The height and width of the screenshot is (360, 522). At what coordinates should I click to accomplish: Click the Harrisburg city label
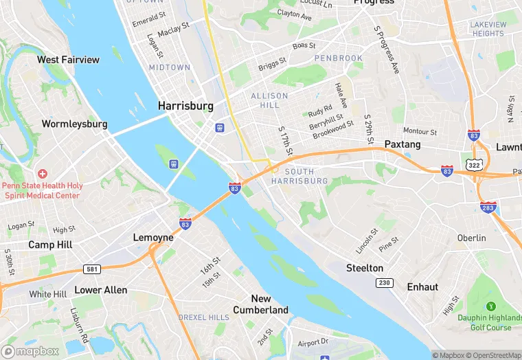click(x=185, y=106)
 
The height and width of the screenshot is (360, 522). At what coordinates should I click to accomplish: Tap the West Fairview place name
click(x=68, y=60)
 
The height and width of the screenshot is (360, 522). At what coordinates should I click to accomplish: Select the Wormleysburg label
click(x=74, y=124)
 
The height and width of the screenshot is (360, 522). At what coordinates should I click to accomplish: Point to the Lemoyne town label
click(x=152, y=237)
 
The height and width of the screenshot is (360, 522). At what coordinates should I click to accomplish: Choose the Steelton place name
click(x=364, y=267)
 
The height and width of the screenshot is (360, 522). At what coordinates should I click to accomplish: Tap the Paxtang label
click(x=402, y=144)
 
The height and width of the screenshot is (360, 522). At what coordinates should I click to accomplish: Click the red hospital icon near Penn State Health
click(x=43, y=174)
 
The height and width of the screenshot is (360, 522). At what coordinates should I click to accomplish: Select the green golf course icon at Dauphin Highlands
click(x=490, y=306)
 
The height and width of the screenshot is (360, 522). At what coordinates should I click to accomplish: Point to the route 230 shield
click(x=384, y=283)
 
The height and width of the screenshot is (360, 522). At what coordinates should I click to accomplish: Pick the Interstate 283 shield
click(x=488, y=207)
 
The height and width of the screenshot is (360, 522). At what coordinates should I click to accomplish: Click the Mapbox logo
click(x=30, y=351)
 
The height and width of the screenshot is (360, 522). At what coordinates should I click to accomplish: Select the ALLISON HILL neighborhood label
click(x=269, y=100)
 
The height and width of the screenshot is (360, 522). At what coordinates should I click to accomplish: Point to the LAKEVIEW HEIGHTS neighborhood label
click(x=488, y=29)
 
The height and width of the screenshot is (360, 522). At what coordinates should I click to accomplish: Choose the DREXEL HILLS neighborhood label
click(x=203, y=317)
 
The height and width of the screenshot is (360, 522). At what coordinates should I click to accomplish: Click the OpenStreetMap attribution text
click(x=493, y=355)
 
